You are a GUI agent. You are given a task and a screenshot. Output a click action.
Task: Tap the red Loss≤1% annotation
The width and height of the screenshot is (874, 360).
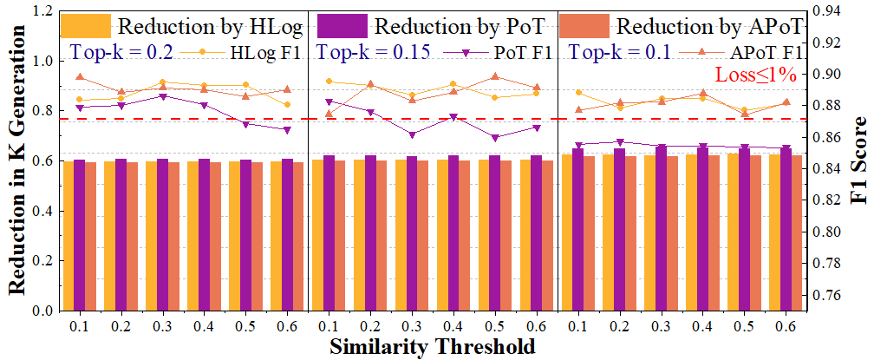(x=754, y=75)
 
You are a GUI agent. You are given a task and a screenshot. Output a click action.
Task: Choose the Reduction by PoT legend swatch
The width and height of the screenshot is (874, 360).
(x=336, y=24)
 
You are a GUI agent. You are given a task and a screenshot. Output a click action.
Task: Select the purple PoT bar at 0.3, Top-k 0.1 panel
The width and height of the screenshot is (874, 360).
(x=662, y=228)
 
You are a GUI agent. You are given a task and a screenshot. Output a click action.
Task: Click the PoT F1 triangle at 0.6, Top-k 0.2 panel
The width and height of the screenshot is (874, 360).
(x=287, y=130)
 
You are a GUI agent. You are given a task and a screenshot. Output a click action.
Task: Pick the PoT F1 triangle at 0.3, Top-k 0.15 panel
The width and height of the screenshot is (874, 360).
(x=412, y=134)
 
